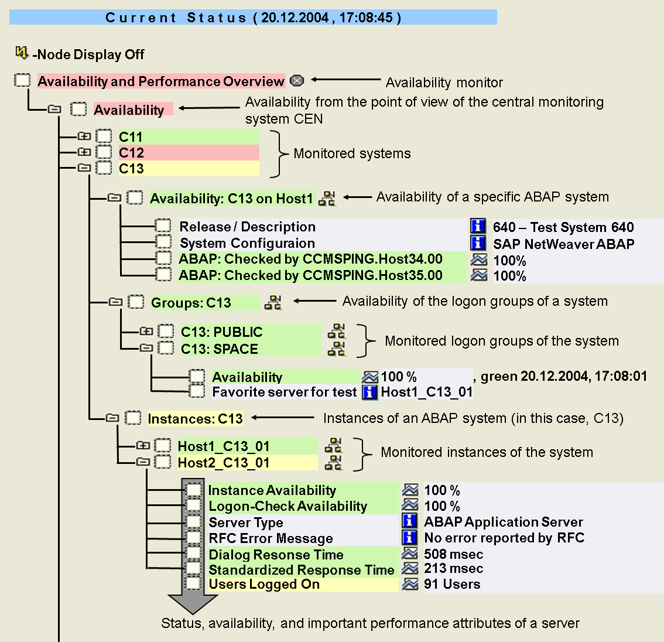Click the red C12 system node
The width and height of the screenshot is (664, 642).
click(131, 153)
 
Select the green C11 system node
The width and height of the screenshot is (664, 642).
click(131, 137)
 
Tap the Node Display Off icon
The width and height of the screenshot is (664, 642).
click(22, 53)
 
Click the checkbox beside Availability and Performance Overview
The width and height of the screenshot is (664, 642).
click(22, 80)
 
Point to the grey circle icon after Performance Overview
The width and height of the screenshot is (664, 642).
click(297, 80)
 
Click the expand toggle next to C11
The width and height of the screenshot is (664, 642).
click(84, 136)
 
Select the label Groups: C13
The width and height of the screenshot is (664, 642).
click(191, 303)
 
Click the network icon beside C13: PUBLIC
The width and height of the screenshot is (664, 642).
click(336, 332)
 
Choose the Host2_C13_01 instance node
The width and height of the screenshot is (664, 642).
click(224, 463)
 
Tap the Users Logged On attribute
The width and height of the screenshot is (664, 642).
click(264, 585)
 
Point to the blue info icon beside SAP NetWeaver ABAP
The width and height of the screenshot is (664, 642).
click(478, 243)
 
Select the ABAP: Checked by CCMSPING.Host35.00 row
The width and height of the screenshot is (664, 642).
click(310, 275)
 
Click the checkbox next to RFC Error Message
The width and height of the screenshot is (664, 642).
click(193, 538)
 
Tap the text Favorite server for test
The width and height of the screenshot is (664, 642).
click(284, 392)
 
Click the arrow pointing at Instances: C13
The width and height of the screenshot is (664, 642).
click(283, 418)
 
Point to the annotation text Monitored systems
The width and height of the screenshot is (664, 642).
click(352, 153)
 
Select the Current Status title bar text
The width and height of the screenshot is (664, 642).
click(253, 18)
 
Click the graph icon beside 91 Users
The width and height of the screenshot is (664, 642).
click(410, 584)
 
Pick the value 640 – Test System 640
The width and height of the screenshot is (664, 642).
click(563, 227)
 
